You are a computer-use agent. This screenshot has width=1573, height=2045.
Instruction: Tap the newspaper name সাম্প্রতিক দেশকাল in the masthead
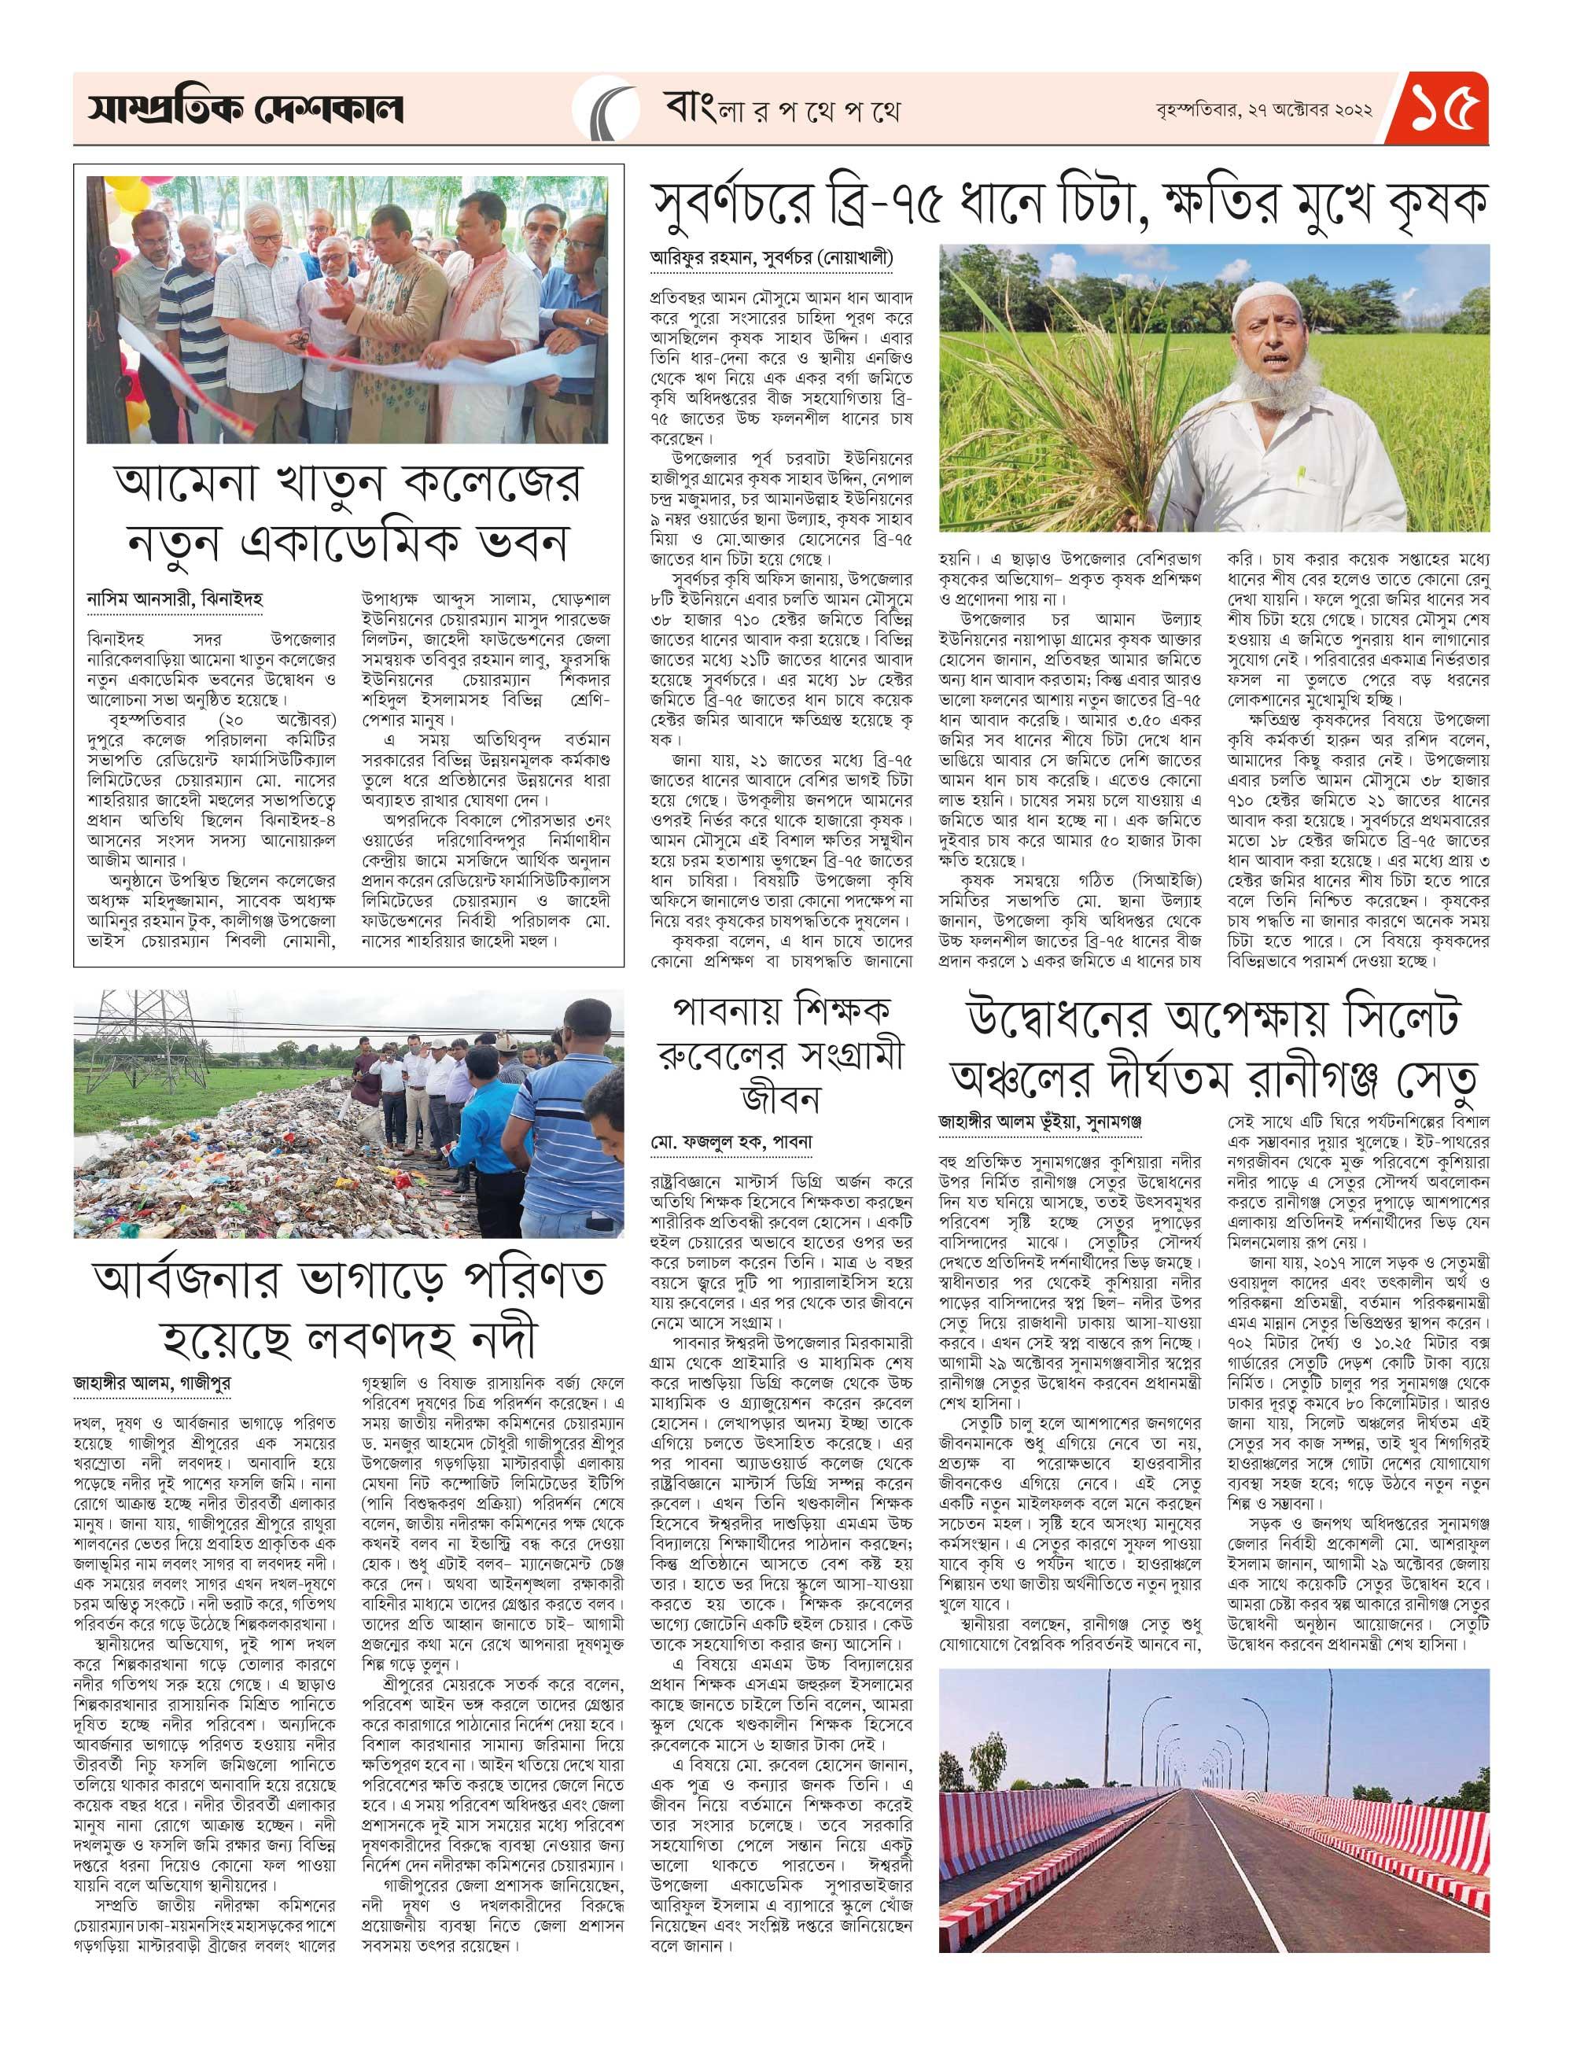246,110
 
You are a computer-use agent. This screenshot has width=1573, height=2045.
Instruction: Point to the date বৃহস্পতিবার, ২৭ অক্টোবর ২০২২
1263,109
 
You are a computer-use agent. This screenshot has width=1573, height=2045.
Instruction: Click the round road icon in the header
605,109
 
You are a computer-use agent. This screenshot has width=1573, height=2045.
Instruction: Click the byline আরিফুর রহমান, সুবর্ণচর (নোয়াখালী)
772,257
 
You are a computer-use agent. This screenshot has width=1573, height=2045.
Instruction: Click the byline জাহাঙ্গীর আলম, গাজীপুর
153,1382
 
